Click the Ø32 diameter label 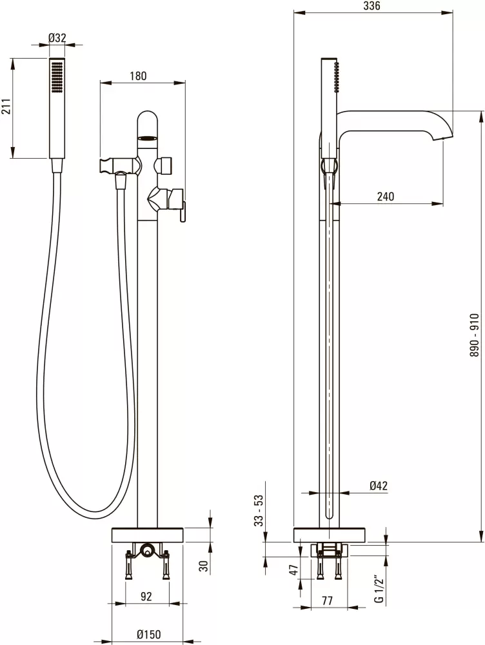pos(57,38)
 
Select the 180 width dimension pos(138,76)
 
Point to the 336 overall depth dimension pos(372,6)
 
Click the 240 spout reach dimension pos(386,196)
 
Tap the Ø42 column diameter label pos(379,486)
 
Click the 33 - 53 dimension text pos(259,511)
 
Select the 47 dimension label pos(293,570)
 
